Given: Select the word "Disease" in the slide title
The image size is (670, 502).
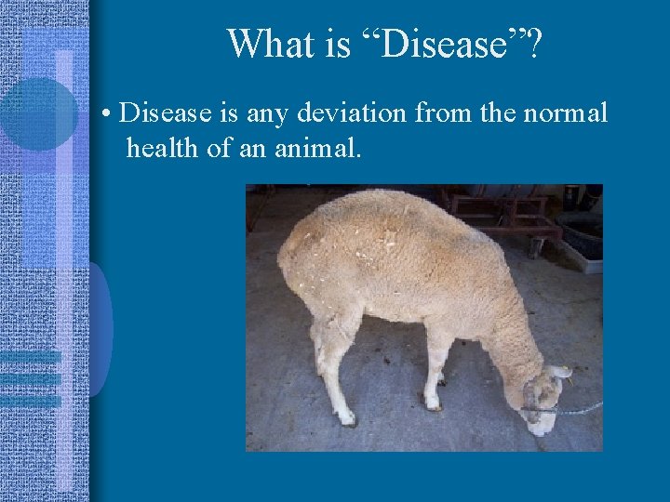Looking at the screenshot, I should (x=434, y=43).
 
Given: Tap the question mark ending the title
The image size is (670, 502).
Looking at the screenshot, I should (x=534, y=43).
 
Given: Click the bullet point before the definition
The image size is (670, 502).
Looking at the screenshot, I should (x=109, y=115).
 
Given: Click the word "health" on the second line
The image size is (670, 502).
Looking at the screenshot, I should (x=163, y=147).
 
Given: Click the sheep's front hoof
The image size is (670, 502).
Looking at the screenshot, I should (x=433, y=403).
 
